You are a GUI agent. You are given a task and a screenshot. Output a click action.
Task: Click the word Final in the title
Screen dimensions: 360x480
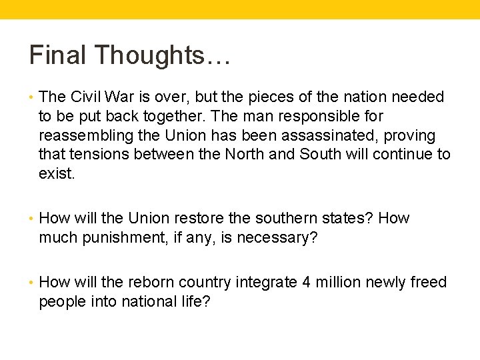pos(56,55)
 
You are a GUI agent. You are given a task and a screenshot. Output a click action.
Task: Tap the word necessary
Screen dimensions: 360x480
pos(279,238)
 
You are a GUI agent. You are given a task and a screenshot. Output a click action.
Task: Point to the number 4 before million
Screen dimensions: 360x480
pos(307,283)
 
